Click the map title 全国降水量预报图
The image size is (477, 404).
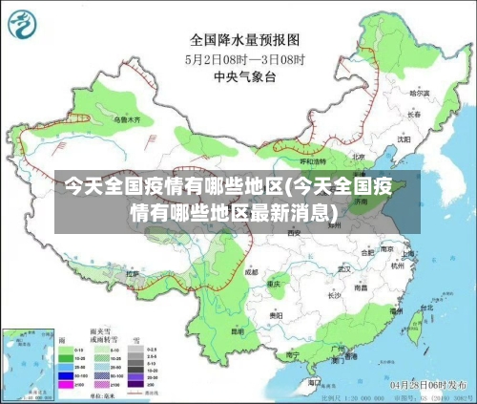point(245,40)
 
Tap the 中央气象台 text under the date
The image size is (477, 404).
point(245,76)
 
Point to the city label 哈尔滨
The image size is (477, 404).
point(420,94)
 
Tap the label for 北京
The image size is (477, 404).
point(358,157)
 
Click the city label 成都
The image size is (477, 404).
point(251,272)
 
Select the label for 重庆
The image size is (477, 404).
point(277,285)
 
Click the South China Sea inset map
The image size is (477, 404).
point(29,363)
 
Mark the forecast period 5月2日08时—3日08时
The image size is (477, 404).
point(245,59)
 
